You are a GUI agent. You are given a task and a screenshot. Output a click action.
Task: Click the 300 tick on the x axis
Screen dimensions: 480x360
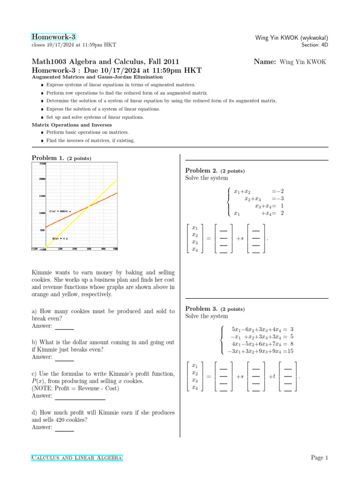[x=89, y=248]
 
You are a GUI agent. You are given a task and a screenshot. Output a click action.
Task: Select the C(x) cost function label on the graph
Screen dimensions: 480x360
[x=60, y=211]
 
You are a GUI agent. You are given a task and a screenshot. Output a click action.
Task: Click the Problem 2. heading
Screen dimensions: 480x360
[x=202, y=171]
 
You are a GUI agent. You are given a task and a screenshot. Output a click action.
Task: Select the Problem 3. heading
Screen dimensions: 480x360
[x=202, y=309]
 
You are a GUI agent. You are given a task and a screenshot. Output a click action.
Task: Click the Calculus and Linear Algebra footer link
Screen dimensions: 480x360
[x=77, y=457]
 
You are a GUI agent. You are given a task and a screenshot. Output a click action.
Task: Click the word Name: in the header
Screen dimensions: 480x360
[x=264, y=61]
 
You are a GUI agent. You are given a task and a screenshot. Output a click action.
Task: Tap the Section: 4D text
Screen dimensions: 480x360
[x=315, y=45]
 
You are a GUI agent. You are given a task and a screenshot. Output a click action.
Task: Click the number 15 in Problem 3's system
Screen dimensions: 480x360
[x=290, y=351]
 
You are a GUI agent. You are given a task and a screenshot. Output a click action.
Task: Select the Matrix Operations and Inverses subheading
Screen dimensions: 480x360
[x=72, y=125]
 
